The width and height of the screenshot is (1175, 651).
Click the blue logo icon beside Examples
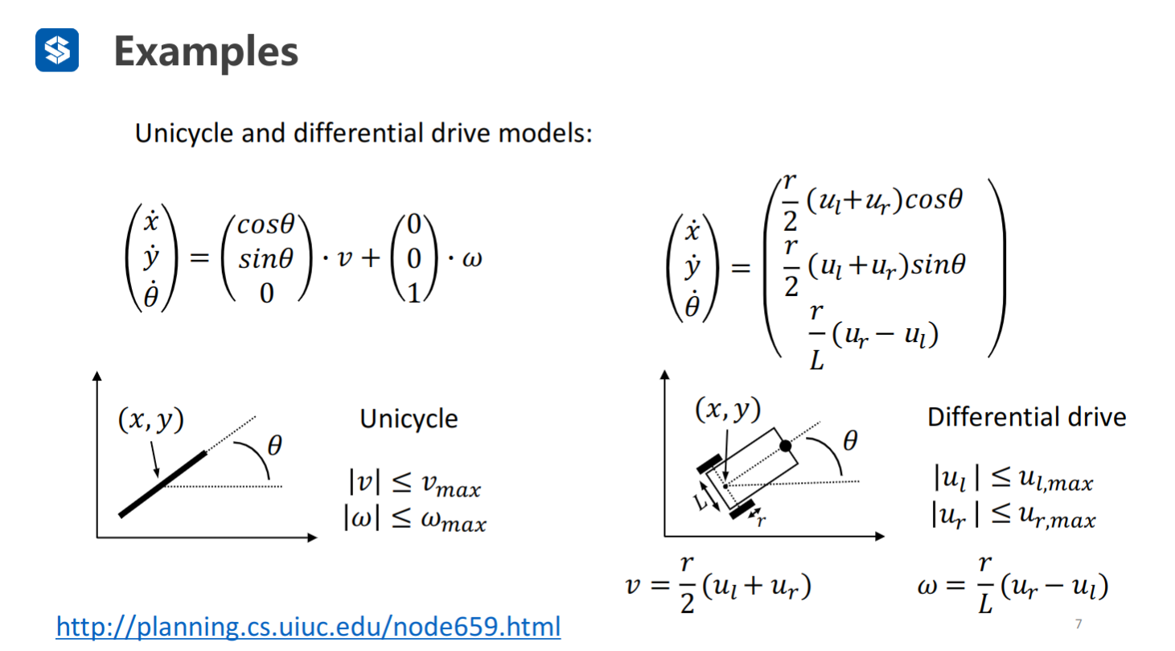tap(57, 51)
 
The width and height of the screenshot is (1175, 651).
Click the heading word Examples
tap(206, 52)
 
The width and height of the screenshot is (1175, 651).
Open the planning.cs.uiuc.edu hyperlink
tap(308, 625)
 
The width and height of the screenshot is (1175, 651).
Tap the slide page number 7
tap(1078, 624)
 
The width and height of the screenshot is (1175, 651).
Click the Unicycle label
tap(409, 418)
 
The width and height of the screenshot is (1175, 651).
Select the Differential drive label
tap(1026, 417)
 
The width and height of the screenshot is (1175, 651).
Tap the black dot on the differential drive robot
tap(786, 445)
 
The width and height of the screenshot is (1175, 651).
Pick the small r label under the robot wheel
tap(761, 520)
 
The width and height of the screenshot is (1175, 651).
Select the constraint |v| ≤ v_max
tap(414, 484)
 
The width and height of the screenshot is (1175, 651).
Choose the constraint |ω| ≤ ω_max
tap(414, 521)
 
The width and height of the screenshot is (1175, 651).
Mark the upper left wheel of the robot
tap(708, 464)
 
